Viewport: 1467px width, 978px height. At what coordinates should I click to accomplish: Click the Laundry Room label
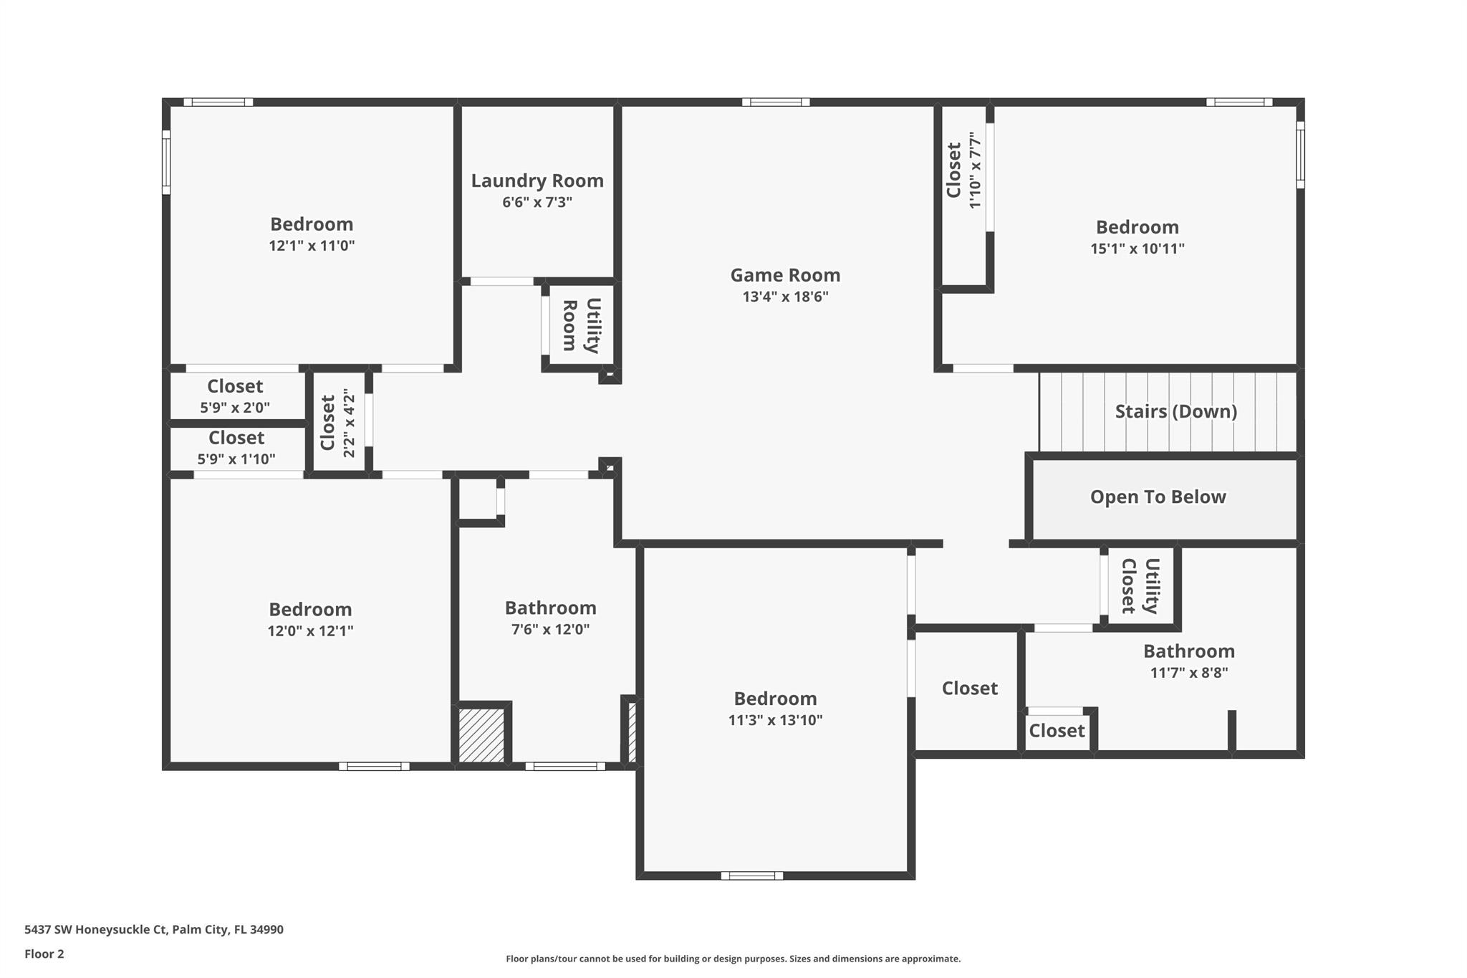coord(537,181)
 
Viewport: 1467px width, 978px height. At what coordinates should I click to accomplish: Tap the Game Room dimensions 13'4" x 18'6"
coord(785,297)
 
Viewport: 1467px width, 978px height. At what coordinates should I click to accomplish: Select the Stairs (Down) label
coord(1176,411)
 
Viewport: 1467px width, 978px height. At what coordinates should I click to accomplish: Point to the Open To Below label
coord(1158,497)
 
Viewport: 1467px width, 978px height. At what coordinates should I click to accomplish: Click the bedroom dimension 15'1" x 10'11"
coord(1137,249)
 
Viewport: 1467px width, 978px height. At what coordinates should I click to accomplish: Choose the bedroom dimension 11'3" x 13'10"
coord(775,720)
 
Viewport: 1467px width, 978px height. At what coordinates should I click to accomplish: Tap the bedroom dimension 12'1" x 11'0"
coord(312,246)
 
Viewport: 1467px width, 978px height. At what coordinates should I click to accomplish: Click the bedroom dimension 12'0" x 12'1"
coord(310,631)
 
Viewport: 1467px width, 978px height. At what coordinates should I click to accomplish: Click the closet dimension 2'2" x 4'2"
coord(349,423)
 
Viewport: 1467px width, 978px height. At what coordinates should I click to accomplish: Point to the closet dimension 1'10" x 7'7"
coord(974,170)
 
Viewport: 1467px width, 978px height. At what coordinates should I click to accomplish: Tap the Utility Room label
coord(581,325)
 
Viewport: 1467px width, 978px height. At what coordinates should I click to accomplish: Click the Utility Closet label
coord(1140,586)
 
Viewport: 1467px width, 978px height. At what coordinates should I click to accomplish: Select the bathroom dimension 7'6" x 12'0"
coord(550,630)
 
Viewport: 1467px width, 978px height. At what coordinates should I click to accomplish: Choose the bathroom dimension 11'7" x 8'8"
coord(1189,673)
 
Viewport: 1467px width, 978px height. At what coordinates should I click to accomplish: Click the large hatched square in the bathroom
coord(481,735)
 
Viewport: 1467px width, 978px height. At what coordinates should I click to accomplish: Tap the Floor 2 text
coord(44,954)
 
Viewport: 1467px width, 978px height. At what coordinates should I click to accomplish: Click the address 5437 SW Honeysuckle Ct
coord(96,929)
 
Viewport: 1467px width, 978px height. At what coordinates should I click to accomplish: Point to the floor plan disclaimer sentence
coord(733,959)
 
